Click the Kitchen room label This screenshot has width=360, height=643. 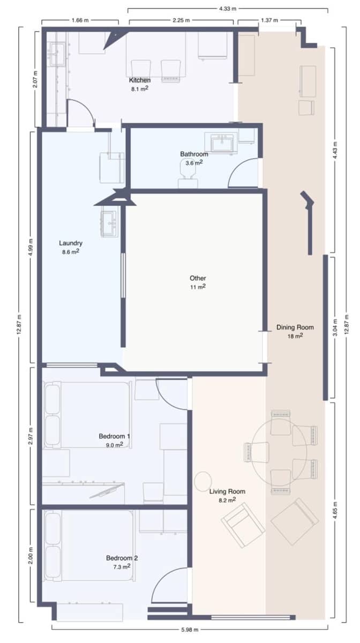139,80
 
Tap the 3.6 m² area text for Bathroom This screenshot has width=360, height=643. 193,163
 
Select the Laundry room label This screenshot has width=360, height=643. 71,243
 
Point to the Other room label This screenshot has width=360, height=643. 198,278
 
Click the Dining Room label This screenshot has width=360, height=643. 295,327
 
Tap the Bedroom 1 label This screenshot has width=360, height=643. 115,436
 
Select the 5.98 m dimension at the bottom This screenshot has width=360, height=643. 189,629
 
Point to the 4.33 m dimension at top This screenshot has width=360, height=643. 228,9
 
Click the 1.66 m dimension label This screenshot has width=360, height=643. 80,21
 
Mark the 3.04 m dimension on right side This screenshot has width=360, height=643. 336,327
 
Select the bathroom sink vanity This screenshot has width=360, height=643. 223,144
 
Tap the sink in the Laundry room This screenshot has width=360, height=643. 109,223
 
